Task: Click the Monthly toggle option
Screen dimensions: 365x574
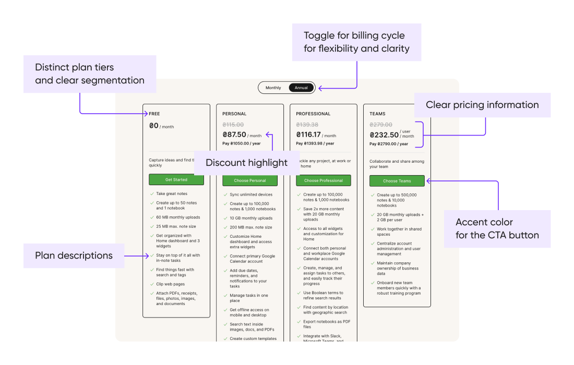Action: [x=273, y=88]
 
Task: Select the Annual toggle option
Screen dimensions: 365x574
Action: [x=301, y=88]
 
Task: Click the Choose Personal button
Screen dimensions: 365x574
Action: [x=250, y=180]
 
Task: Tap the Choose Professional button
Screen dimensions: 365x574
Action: [x=324, y=180]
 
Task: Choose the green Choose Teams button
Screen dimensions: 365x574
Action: [x=397, y=181]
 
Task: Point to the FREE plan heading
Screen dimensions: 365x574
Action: [x=154, y=114]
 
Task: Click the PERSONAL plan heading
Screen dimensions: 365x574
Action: [x=234, y=114]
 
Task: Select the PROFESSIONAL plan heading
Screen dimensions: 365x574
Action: [x=313, y=114]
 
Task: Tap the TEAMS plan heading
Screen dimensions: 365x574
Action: [x=378, y=114]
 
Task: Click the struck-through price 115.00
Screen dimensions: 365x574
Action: [x=233, y=125]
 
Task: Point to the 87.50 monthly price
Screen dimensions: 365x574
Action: [x=234, y=135]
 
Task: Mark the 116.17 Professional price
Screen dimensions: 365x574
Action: [x=308, y=135]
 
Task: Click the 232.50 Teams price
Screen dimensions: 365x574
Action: [x=384, y=135]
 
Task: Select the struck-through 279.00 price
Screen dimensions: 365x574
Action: [x=380, y=125]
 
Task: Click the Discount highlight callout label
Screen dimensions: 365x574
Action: [x=246, y=163]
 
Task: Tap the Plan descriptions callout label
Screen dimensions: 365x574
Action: [x=74, y=256]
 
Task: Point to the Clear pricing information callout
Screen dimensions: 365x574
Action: [x=482, y=105]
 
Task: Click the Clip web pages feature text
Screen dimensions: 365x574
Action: [x=170, y=284]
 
